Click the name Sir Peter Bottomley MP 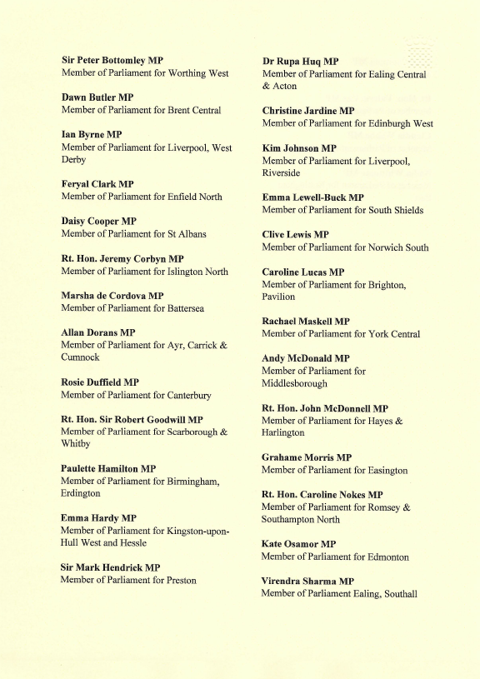(x=112, y=61)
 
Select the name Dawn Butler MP (x=97, y=97)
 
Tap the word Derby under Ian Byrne (x=74, y=159)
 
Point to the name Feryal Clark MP (x=97, y=184)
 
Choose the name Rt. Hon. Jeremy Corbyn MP (x=122, y=259)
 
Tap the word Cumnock (x=80, y=357)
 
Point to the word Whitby (x=76, y=444)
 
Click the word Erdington (x=81, y=493)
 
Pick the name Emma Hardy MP (x=98, y=518)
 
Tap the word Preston (x=181, y=580)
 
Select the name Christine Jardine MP (x=308, y=111)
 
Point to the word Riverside (x=282, y=172)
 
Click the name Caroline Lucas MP (x=302, y=272)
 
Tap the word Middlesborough (x=294, y=383)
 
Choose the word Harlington (x=283, y=433)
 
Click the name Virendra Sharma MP (x=307, y=581)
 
